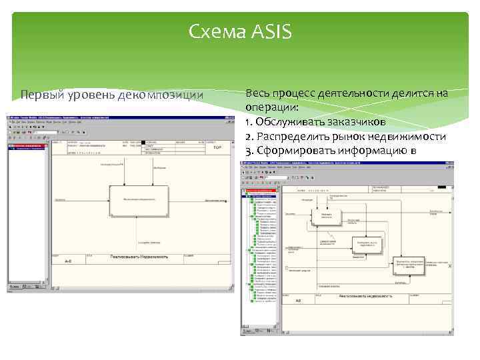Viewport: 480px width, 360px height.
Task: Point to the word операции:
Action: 271,107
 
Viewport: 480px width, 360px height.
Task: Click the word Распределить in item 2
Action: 292,136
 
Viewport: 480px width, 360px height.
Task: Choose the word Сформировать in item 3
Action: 293,150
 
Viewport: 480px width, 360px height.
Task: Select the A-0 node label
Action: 68,262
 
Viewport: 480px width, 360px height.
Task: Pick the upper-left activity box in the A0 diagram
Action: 325,215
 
